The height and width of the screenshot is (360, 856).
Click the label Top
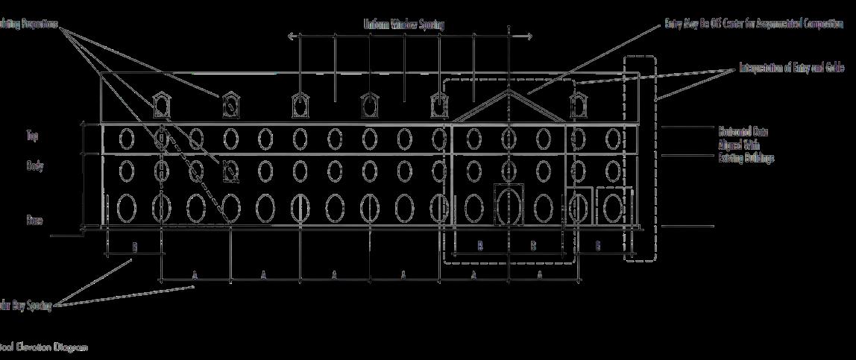pyautogui.click(x=32, y=136)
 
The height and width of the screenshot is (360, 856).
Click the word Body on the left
pyautogui.click(x=34, y=165)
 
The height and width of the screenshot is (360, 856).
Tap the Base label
pyautogui.click(x=34, y=221)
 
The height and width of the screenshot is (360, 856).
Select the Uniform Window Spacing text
pyautogui.click(x=403, y=25)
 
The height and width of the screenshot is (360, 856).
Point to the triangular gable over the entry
pyautogui.click(x=509, y=106)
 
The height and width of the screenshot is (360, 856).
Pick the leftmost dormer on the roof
pyautogui.click(x=160, y=105)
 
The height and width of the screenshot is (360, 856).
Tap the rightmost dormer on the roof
pyautogui.click(x=577, y=105)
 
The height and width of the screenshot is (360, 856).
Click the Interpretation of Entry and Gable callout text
pyautogui.click(x=791, y=68)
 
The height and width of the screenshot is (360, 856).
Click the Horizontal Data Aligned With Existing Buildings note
pyautogui.click(x=746, y=145)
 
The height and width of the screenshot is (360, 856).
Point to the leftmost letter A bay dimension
pyautogui.click(x=195, y=275)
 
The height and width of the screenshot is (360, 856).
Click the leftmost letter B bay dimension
pyautogui.click(x=135, y=245)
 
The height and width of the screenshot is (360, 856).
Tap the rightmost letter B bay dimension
pyautogui.click(x=597, y=245)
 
